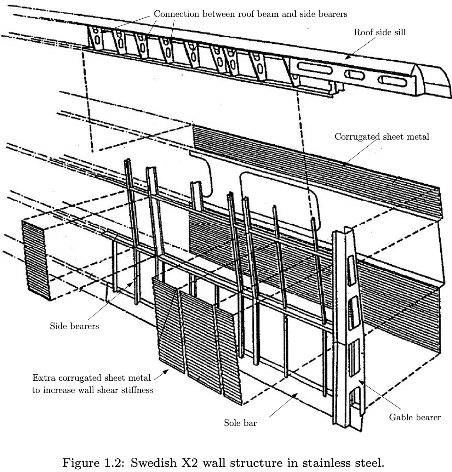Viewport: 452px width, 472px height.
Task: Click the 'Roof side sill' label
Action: click(379, 32)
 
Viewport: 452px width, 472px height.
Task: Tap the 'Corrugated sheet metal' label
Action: click(382, 137)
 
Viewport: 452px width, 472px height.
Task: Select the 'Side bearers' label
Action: click(74, 326)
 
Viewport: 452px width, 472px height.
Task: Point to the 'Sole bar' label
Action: click(240, 423)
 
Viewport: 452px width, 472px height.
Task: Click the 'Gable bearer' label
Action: click(415, 417)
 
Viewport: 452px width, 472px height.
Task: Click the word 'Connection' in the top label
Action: click(177, 14)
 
